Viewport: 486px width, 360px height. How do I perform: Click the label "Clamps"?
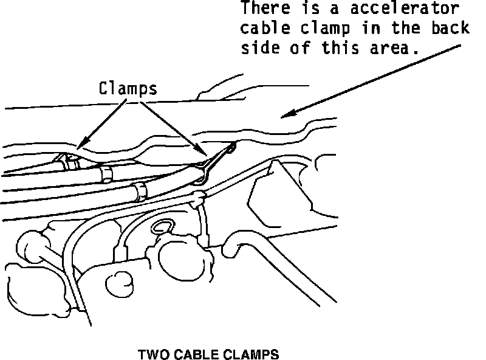point(128,89)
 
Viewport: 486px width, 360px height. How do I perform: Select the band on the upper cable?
point(106,174)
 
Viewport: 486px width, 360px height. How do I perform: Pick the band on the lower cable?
point(139,190)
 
